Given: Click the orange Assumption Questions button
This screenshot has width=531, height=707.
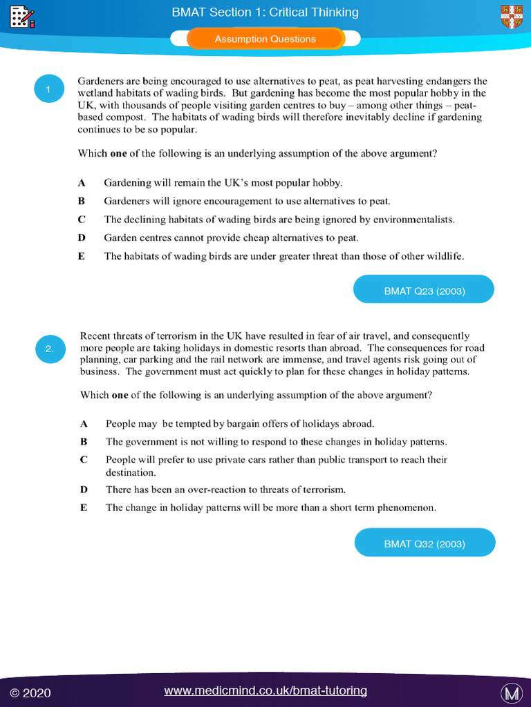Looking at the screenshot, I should [265, 39].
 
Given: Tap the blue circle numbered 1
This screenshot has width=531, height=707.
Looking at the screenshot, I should [48, 89].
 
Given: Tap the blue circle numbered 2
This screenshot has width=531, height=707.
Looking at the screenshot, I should [50, 349].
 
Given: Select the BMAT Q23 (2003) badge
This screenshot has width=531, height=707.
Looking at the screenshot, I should [424, 290].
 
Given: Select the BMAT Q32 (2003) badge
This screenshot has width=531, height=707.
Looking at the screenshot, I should [425, 543].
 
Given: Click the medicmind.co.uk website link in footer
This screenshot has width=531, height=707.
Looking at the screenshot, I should [265, 690].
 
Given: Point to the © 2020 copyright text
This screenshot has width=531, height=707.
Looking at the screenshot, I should [30, 692].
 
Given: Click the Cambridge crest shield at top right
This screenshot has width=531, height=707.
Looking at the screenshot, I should [512, 17].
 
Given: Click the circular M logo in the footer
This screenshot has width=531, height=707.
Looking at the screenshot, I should [511, 692].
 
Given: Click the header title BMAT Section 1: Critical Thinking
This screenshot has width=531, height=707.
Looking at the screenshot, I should [265, 12].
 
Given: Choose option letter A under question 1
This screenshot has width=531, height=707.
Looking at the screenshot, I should [82, 183].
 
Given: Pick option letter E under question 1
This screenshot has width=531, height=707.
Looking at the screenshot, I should [82, 256].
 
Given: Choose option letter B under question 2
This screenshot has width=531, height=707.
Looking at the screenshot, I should [84, 442].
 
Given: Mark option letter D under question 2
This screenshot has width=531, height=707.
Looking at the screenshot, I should [84, 490].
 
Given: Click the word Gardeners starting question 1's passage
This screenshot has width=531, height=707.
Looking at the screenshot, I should [101, 81].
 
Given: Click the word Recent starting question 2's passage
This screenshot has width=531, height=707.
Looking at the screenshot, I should [95, 336].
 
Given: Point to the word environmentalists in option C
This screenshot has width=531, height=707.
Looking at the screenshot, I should [416, 220].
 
